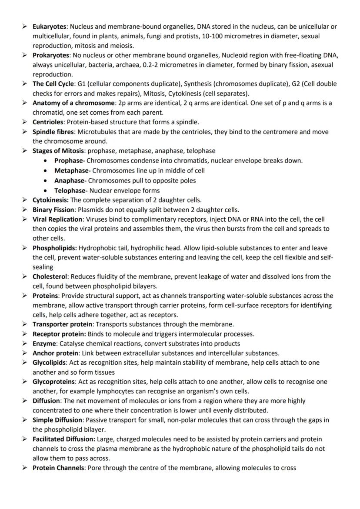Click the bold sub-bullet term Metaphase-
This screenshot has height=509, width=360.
click(72, 170)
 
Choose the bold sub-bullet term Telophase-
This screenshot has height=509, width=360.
click(71, 190)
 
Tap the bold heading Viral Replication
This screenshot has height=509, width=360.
click(57, 219)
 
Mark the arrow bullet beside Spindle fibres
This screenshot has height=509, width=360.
click(26, 132)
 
